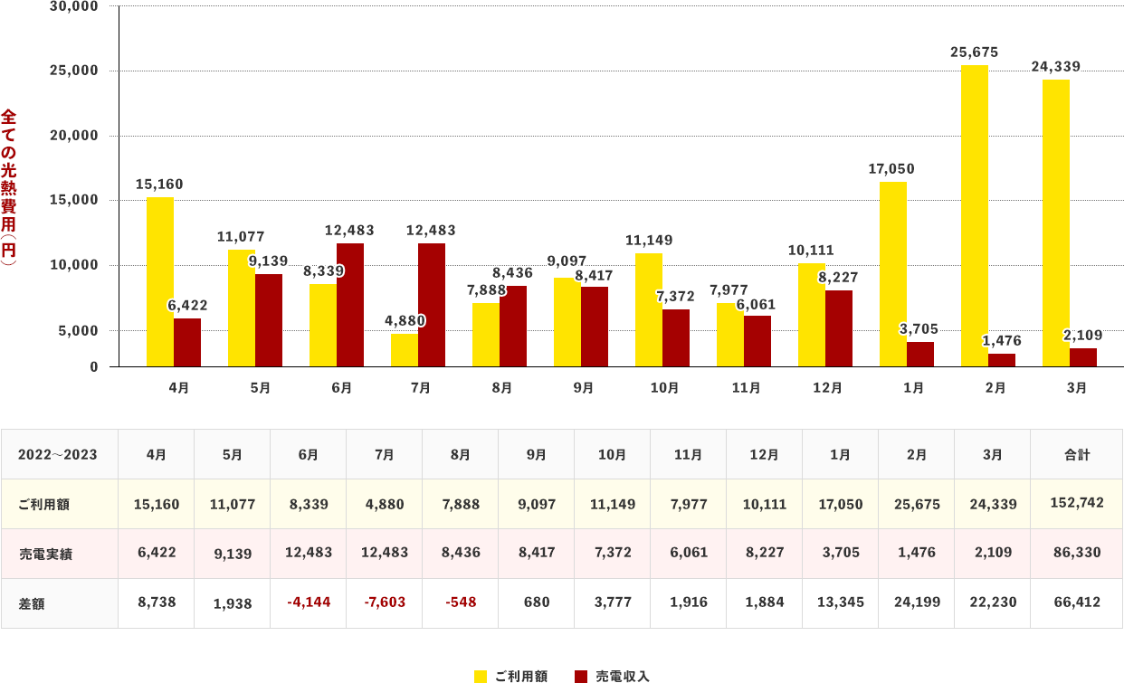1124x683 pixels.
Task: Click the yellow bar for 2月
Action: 974,215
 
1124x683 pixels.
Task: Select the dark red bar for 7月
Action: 432,305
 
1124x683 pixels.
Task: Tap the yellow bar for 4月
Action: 160,281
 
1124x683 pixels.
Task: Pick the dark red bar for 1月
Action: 920,354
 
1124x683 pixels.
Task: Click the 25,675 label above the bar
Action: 975,52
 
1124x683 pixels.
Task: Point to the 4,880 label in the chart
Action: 405,320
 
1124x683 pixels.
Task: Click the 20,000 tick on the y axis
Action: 73,136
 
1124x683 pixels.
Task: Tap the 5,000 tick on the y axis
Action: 78,330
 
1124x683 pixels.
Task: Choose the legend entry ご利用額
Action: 511,676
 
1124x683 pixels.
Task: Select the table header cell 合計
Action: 1076,454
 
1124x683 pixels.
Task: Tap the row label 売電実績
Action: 44,554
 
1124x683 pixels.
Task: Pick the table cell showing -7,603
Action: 384,602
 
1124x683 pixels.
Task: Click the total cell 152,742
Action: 1076,503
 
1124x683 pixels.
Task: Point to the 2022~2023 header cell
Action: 58,454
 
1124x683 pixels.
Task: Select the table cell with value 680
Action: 536,602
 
